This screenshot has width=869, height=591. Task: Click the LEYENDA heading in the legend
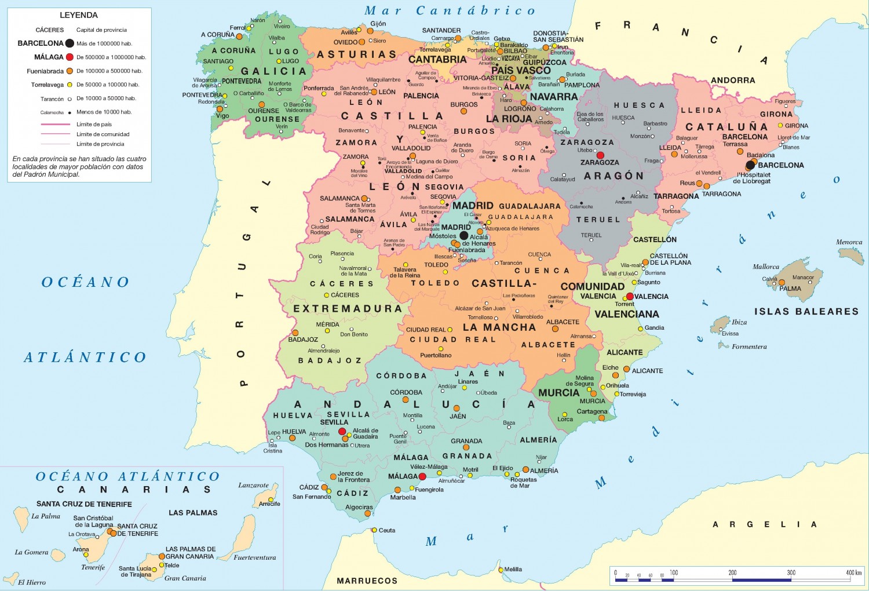[79, 15]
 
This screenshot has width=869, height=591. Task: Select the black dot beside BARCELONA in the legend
[70, 43]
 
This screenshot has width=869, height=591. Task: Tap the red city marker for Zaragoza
[600, 155]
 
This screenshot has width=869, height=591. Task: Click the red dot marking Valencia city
[630, 297]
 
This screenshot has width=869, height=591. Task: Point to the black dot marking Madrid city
[464, 236]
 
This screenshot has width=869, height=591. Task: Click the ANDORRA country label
[733, 81]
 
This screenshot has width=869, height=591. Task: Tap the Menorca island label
[849, 242]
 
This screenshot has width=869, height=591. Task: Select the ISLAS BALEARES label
[806, 312]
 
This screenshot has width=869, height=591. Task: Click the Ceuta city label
[387, 530]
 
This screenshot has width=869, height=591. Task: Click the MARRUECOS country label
[367, 581]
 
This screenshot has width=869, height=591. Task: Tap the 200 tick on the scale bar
[732, 572]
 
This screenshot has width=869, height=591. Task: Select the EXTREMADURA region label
[347, 309]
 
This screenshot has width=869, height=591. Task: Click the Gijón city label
[378, 24]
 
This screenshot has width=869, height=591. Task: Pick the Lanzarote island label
[253, 486]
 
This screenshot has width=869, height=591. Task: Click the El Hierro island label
[32, 582]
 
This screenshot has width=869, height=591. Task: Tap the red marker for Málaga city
[422, 476]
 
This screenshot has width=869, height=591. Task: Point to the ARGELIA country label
[765, 524]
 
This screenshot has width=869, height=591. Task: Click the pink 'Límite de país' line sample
[55, 124]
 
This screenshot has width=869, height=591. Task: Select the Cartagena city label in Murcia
[592, 411]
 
